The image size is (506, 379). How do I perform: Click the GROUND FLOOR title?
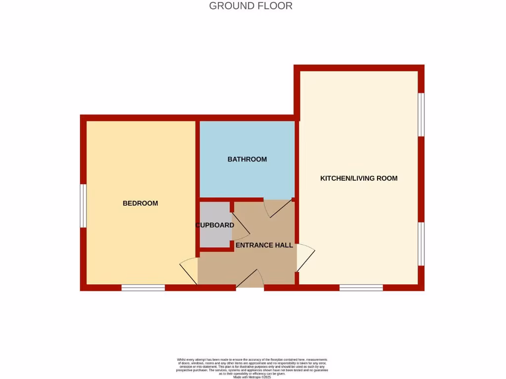coord(251,6)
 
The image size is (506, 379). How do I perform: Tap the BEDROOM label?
coord(140,203)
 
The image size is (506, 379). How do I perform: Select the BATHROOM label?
coord(247,159)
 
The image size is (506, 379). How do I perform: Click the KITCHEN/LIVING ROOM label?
coord(359,178)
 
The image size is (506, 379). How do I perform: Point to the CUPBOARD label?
coord(214,225)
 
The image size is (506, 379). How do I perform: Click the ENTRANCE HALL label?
coord(264,245)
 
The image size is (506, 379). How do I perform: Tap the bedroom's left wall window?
coord(84,206)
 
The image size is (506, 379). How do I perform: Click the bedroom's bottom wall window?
coord(143,288)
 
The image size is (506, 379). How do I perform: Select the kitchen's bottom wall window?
coord(361,288)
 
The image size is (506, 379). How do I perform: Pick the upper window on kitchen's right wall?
coord(422,114)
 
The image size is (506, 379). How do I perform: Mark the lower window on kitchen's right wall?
coord(422,244)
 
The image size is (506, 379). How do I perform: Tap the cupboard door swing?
coord(240,227)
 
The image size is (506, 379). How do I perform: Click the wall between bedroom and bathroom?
coord(197,158)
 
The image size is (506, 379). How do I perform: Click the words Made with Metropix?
coord(252,377)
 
